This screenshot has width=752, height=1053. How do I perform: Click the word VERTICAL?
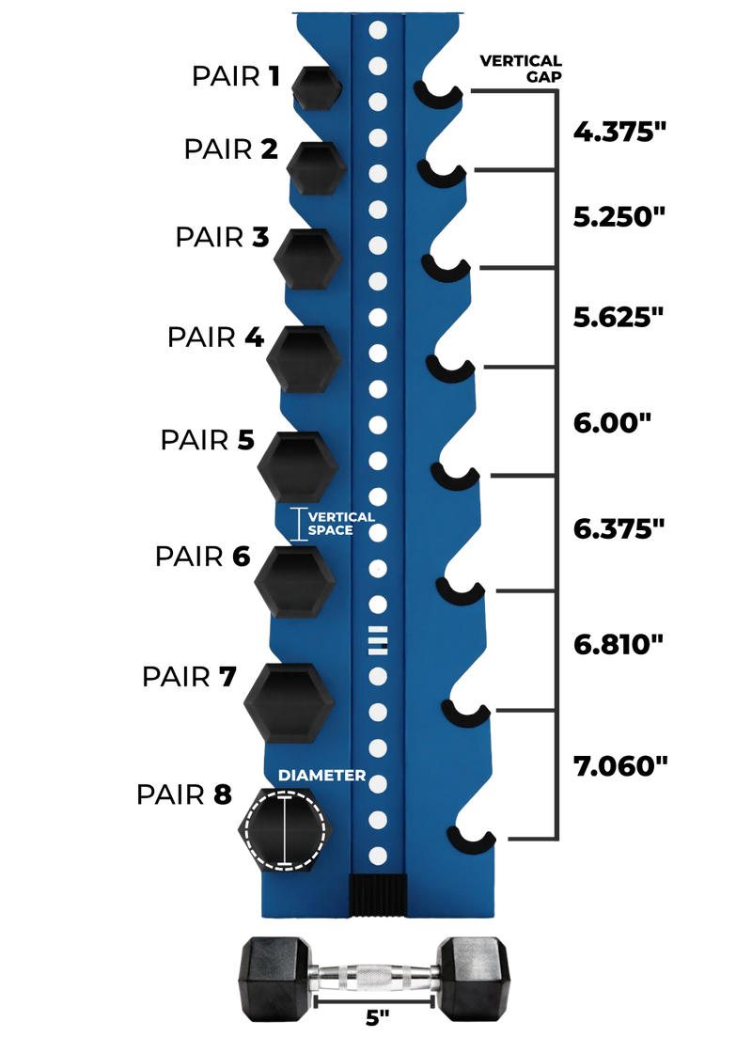341,517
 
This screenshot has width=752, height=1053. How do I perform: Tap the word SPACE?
331,530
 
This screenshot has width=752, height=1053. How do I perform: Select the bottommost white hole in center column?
378,856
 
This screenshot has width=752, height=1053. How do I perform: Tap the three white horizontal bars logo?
378,638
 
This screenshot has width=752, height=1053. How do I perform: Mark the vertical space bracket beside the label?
300,524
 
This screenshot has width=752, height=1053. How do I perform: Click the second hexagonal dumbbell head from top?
316,167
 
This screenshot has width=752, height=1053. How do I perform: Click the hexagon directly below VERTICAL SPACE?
293,583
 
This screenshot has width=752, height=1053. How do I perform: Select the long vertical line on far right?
561,461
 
